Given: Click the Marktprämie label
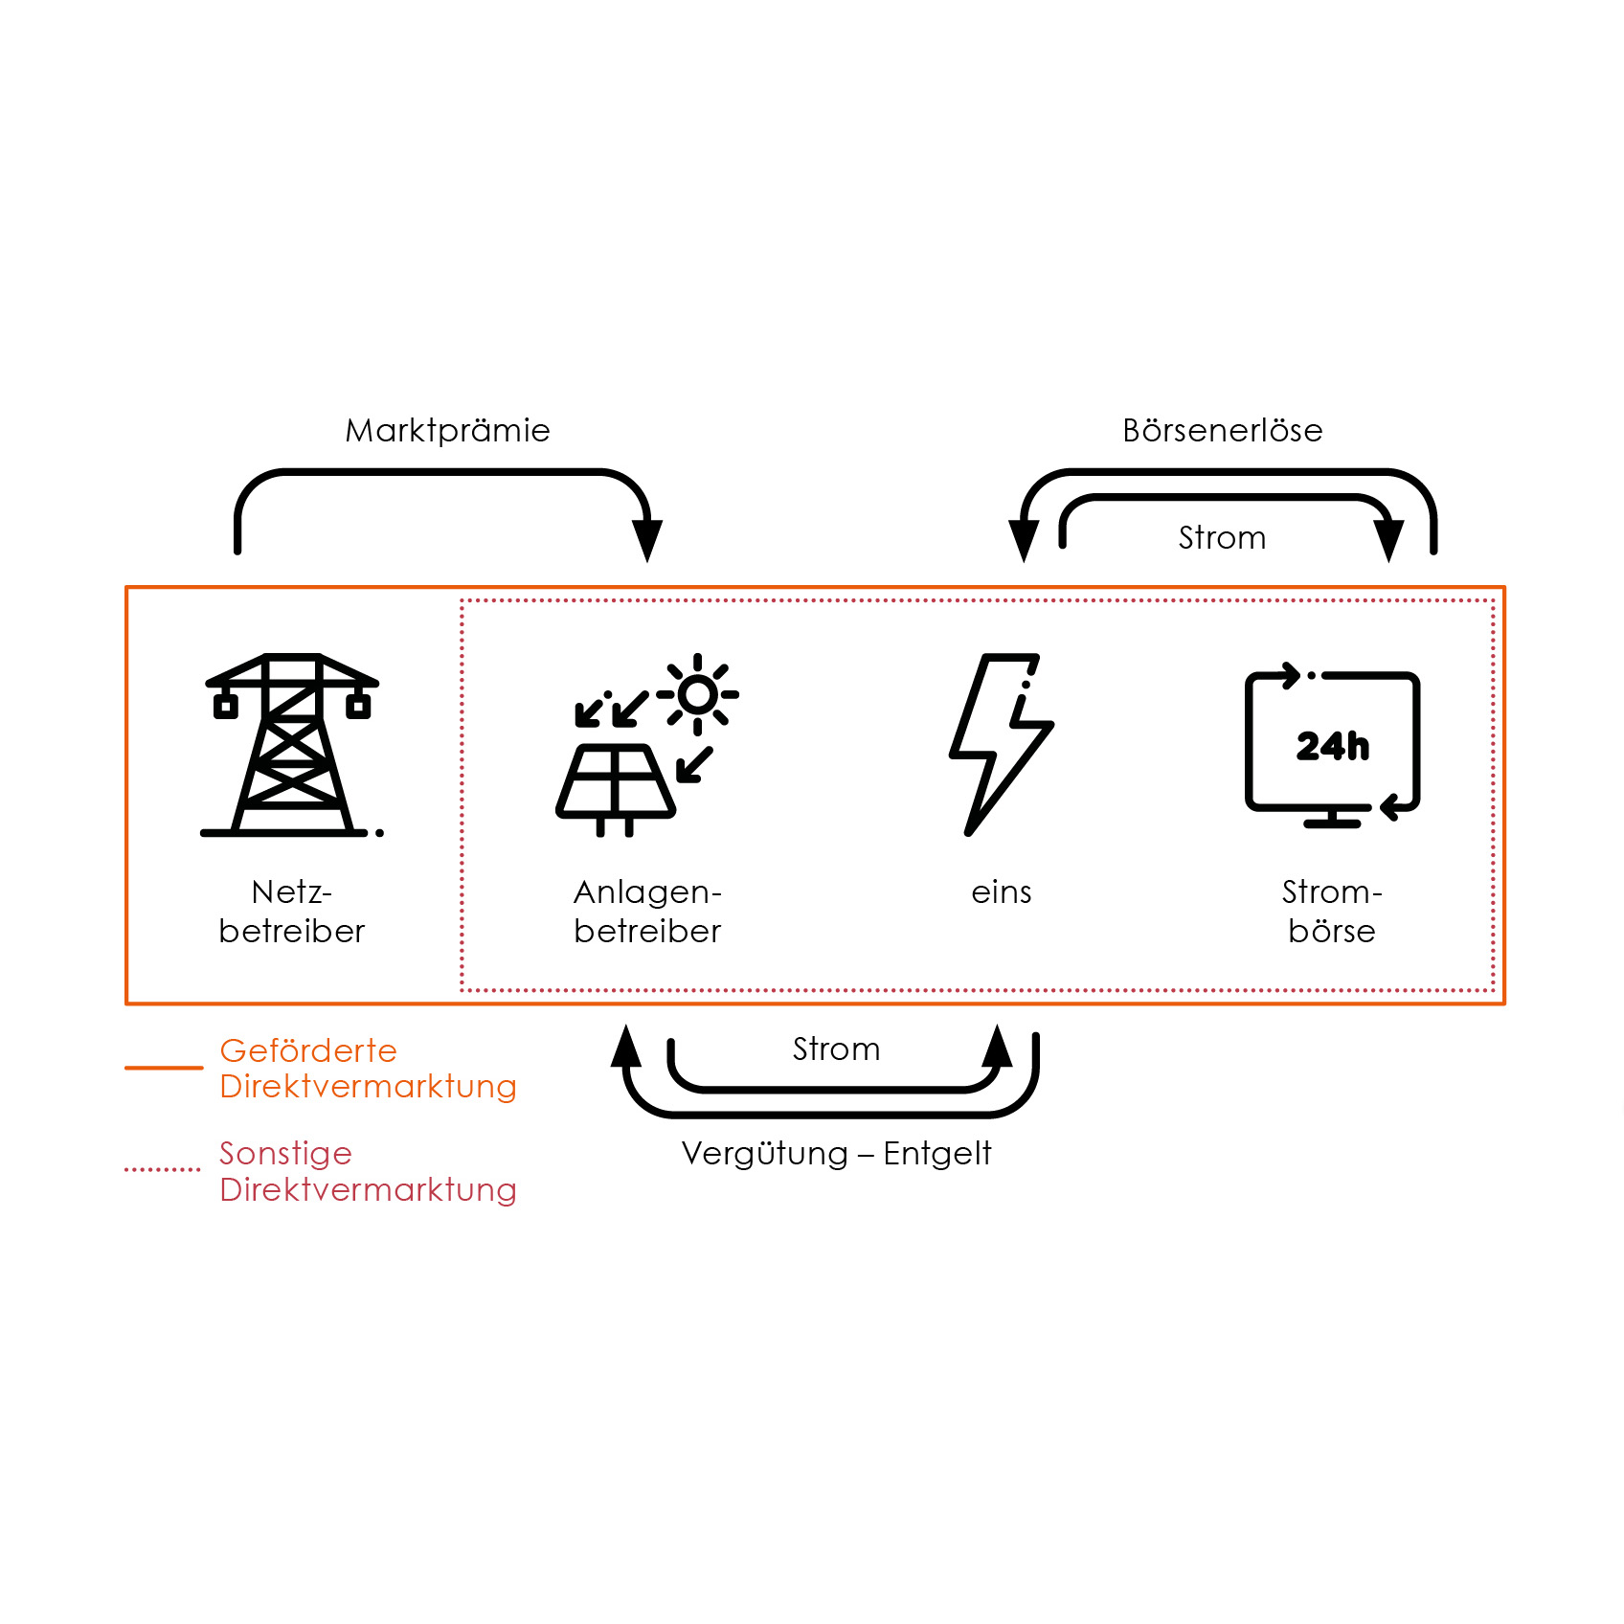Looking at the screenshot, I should (447, 431).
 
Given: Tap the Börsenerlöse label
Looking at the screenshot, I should (1222, 431).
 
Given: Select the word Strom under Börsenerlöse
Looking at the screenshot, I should (1222, 538).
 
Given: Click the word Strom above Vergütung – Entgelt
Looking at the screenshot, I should (836, 1049).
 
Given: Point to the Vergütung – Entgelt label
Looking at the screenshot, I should (836, 1154).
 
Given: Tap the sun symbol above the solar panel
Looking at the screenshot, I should (698, 694).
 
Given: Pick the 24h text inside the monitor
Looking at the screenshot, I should (1332, 746).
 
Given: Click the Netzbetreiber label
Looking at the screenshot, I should (292, 912).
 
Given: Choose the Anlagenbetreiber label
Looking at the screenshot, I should (647, 912).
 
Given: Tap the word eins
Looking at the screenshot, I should (1001, 892).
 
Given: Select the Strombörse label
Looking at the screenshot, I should (1332, 912).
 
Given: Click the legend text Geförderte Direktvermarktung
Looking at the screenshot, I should (368, 1069).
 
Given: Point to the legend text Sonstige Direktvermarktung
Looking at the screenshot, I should (368, 1171).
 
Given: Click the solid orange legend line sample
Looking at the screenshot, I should (164, 1067).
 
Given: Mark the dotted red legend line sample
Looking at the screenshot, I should (163, 1169).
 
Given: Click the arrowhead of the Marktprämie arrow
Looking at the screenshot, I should (647, 541).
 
